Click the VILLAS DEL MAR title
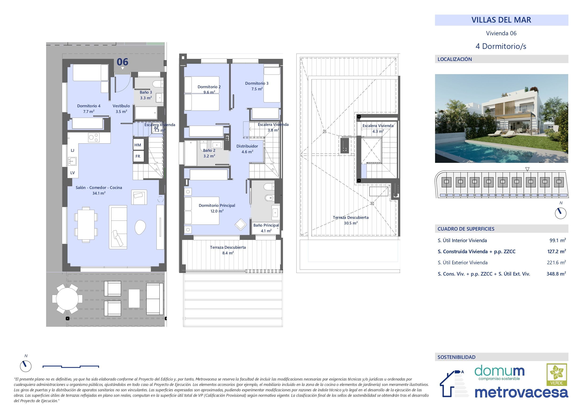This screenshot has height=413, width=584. point(501,20)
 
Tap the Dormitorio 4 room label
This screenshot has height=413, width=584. point(88,109)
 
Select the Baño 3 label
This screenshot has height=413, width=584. point(146,95)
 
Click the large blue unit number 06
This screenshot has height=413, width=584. point(122,62)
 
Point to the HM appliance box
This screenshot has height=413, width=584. point(138,145)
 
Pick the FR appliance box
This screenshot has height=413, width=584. point(138,156)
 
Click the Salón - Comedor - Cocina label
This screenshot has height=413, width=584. point(99,190)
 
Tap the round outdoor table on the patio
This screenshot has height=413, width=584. point(67,299)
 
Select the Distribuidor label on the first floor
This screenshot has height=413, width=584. point(247,148)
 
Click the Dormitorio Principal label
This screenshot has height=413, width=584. point(217,208)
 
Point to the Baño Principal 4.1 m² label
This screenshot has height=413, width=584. point(266,228)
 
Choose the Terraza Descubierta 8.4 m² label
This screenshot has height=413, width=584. point(228,250)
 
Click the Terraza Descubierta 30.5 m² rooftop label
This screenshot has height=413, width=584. point(351,220)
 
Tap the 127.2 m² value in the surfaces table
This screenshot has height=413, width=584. point(556,252)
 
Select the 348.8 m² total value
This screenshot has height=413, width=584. point(556,274)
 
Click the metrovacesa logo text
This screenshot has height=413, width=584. point(521,393)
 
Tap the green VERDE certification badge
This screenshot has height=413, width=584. point(556,375)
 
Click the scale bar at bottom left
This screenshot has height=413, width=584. point(71,367)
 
